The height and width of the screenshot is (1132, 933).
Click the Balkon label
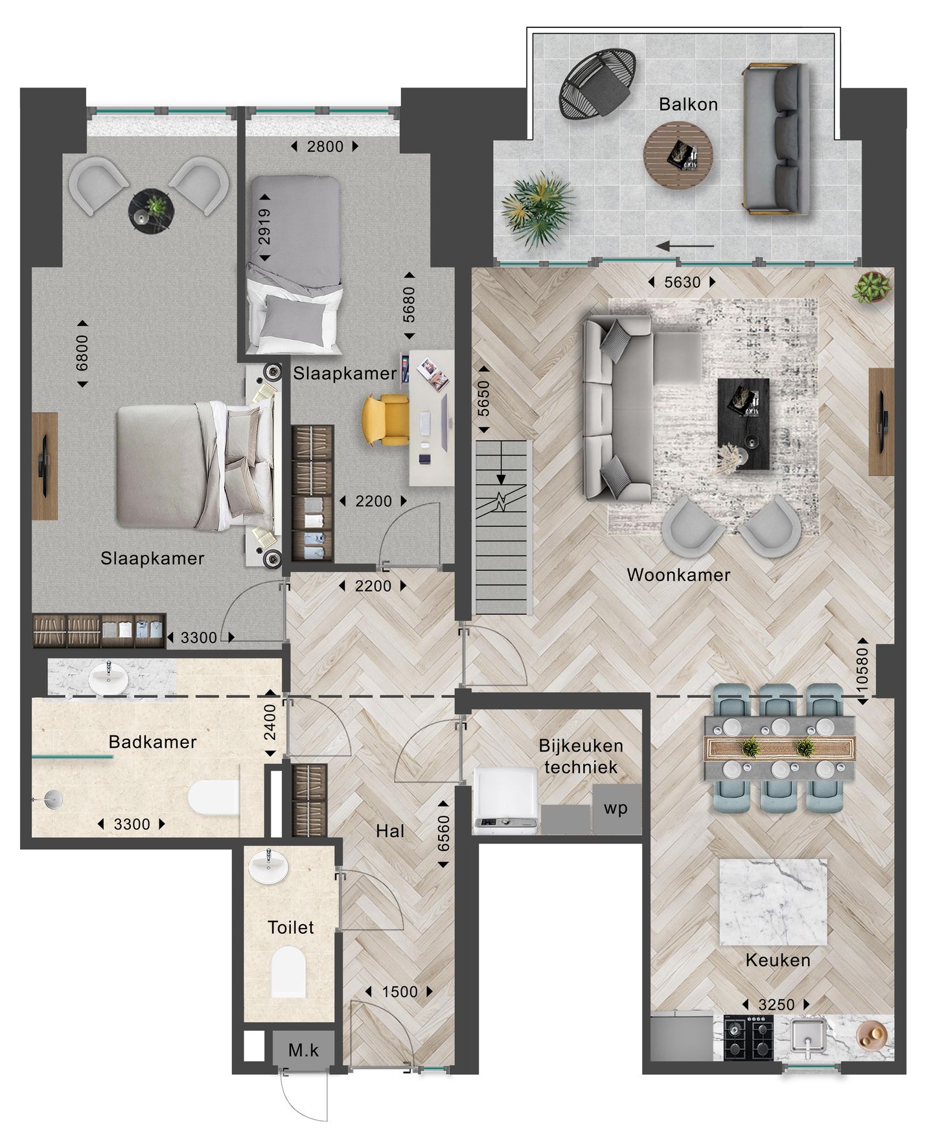(688, 104)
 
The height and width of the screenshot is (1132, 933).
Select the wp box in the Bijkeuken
(616, 808)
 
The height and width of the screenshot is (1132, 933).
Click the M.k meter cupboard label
(303, 1050)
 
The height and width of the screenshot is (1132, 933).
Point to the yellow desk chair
(384, 421)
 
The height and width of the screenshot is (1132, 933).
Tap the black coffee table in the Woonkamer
(743, 424)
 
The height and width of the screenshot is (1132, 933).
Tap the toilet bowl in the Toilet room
(288, 972)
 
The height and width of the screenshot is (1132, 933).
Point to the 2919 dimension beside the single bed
(264, 227)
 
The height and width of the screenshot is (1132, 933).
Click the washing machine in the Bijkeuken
(505, 800)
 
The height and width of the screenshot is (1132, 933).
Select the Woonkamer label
(678, 575)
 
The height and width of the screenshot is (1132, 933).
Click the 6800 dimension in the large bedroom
(82, 353)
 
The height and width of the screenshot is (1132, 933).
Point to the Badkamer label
(153, 742)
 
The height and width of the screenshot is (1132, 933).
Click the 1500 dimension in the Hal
(400, 992)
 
